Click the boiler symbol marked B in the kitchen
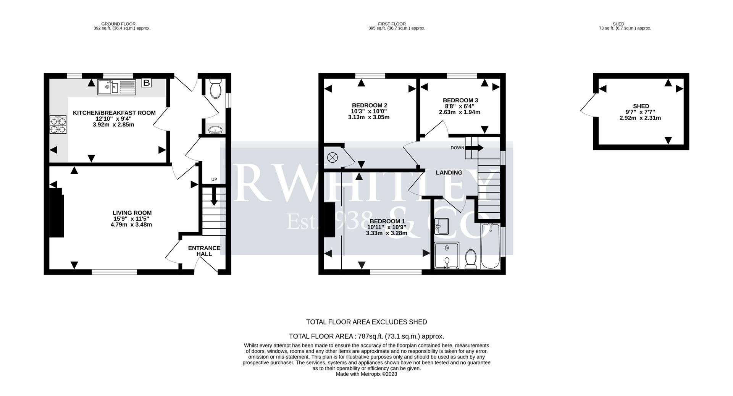146,82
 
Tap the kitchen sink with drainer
116,87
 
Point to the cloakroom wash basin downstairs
216,130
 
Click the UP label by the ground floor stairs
214,179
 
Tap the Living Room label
132,213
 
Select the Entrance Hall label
204,251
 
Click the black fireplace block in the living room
57,213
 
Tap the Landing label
449,173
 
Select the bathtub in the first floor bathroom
490,246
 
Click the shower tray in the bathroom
447,255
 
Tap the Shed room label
641,106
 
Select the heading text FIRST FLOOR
392,24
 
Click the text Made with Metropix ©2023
366,374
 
